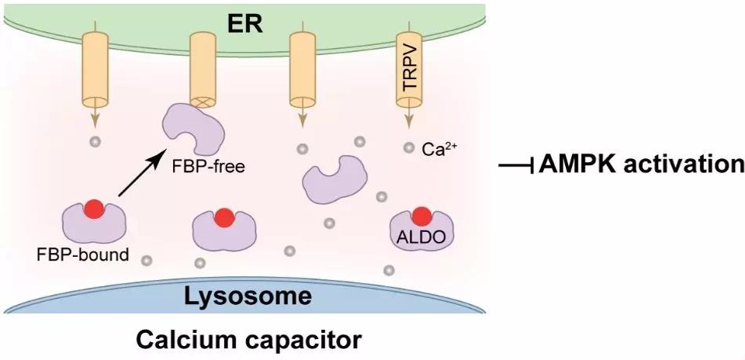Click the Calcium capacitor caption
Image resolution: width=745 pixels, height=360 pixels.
(248, 340)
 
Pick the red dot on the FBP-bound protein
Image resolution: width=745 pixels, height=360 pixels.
(94, 209)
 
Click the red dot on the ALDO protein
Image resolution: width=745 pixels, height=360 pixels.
(422, 216)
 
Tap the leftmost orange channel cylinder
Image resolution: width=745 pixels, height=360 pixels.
(96, 71)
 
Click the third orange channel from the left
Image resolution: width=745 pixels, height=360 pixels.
(301, 71)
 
